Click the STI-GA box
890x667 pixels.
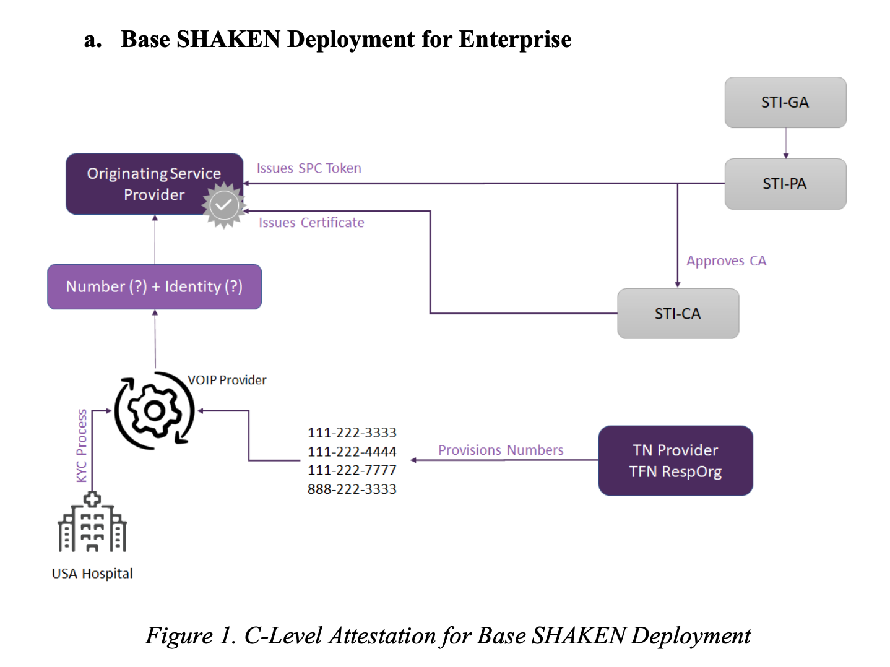point(785,103)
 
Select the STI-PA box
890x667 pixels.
point(785,184)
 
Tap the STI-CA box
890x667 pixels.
point(678,314)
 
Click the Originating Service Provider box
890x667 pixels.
point(155,184)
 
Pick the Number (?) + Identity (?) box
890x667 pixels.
point(155,287)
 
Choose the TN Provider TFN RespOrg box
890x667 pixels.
point(675,461)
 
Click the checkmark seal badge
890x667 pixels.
point(224,205)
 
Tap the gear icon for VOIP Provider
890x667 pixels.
point(155,411)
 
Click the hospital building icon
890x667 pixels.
point(92,522)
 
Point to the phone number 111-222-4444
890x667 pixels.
point(352,452)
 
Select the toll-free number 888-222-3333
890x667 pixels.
point(352,489)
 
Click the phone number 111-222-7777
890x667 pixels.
point(352,470)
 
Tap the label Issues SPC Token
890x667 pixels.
point(309,168)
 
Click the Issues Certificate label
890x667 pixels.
point(311,223)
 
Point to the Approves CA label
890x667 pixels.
point(726,260)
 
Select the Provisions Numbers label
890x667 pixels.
point(501,450)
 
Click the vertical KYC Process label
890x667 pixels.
point(82,445)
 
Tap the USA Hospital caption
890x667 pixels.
point(92,574)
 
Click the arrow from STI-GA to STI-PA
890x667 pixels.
point(786,144)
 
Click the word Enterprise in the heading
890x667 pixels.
point(515,40)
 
